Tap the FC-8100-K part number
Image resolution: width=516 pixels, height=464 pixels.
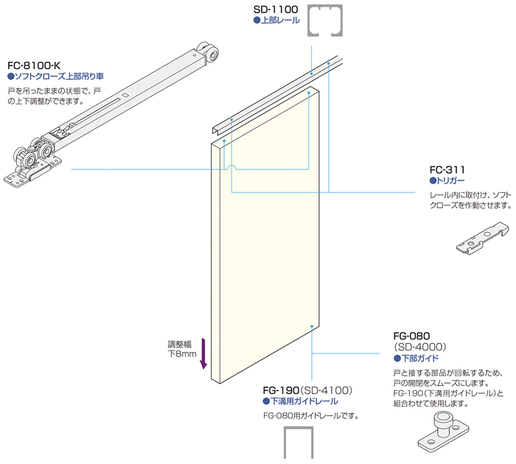point(36,64)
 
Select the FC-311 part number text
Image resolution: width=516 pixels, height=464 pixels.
point(448,169)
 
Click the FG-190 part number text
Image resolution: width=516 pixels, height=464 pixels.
point(280,390)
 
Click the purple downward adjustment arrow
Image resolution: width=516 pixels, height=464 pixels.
point(204,354)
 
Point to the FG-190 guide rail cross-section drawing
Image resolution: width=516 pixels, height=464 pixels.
point(299,445)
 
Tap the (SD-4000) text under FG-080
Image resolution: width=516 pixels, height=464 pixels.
point(420,345)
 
